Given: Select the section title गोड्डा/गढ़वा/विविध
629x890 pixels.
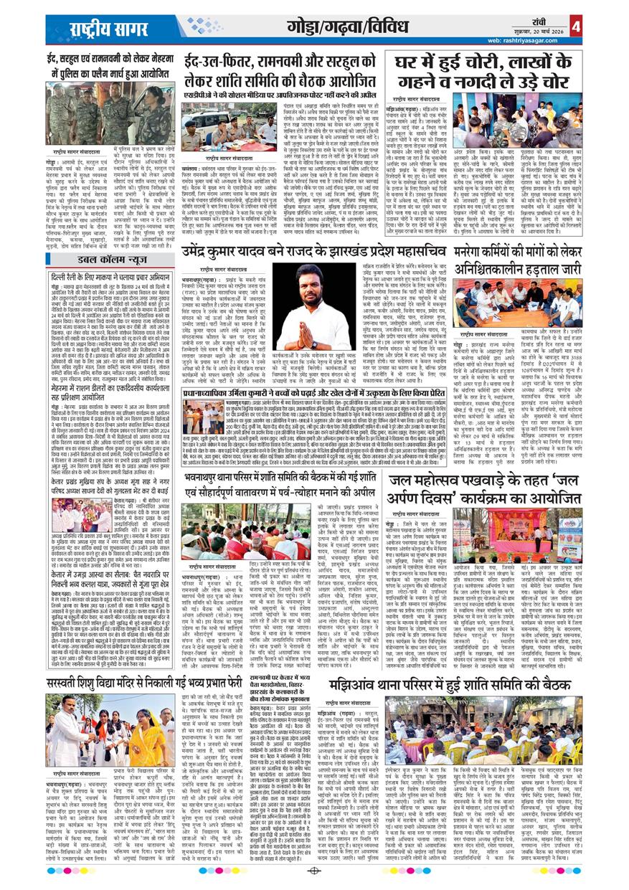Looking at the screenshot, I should [344, 27].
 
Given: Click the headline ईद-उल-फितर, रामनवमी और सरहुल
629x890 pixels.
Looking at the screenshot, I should [279, 71].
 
